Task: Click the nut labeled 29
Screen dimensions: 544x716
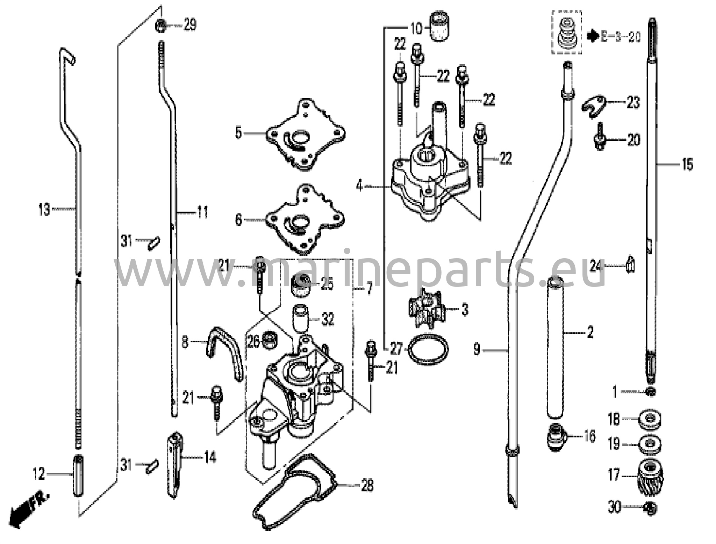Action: tap(160, 26)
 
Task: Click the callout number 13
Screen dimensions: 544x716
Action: tap(44, 210)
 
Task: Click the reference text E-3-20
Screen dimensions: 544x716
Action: tap(621, 37)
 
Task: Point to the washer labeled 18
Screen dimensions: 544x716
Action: tap(650, 419)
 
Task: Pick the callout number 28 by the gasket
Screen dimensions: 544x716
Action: tap(367, 485)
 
